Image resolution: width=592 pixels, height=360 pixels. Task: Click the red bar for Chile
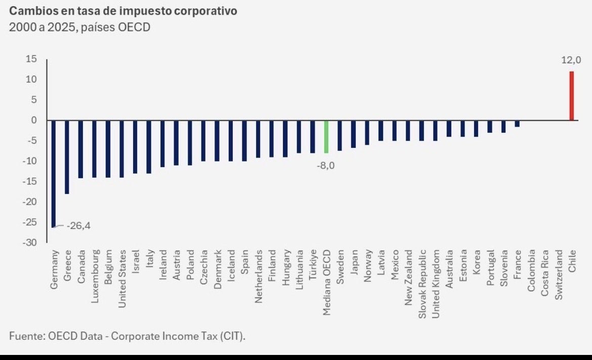click(x=572, y=96)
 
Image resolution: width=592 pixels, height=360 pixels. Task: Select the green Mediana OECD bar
click(x=326, y=137)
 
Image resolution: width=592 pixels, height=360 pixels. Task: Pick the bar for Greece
click(x=67, y=157)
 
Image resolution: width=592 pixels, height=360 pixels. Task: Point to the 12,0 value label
click(x=571, y=60)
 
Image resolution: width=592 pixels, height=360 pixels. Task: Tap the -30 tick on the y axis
click(x=30, y=243)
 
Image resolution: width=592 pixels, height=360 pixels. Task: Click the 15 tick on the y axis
click(x=31, y=59)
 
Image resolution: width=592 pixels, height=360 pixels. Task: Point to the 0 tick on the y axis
click(x=34, y=121)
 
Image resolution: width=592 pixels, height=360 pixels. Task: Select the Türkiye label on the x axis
click(x=313, y=267)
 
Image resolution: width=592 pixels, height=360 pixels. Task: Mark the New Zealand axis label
click(x=408, y=277)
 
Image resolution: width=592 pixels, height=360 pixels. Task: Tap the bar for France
click(x=517, y=124)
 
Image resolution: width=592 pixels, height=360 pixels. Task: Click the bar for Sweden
click(x=340, y=136)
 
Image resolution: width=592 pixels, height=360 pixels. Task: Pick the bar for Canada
click(x=80, y=149)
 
